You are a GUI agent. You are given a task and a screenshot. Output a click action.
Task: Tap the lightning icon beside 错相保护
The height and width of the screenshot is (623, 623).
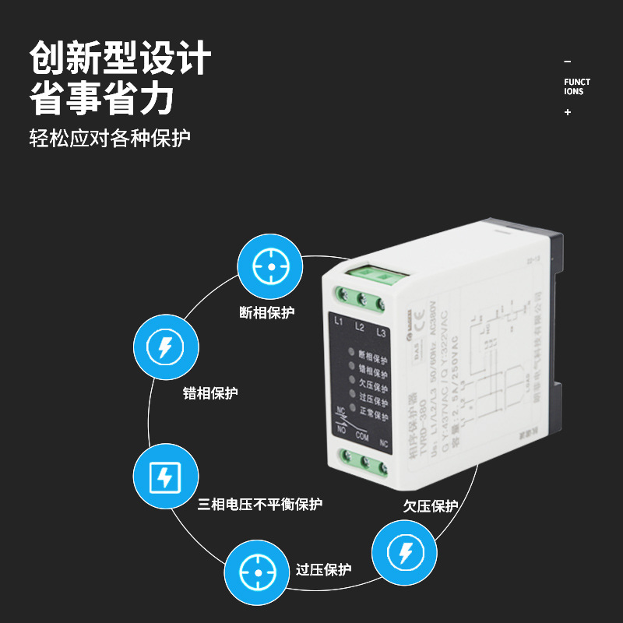[x=164, y=347]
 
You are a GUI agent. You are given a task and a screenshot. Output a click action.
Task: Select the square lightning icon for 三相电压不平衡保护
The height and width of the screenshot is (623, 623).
[x=164, y=477]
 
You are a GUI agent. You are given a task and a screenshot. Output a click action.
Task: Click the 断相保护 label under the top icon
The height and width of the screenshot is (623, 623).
[x=267, y=313]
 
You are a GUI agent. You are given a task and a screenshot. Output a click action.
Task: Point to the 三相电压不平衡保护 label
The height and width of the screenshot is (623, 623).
[x=259, y=504]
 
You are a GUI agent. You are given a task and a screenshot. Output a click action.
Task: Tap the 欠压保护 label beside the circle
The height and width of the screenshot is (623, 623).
[x=431, y=506]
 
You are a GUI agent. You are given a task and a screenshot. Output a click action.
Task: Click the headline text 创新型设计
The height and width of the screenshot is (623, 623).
[x=121, y=58]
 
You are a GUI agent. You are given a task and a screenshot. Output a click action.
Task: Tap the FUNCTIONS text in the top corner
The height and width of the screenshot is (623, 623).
[x=577, y=86]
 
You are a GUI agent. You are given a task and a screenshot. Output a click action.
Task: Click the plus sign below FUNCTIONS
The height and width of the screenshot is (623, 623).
[x=568, y=112]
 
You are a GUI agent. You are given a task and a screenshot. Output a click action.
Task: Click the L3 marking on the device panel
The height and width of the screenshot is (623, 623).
[x=381, y=333]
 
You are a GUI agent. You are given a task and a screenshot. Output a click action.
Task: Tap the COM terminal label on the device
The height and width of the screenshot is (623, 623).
[x=361, y=437]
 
